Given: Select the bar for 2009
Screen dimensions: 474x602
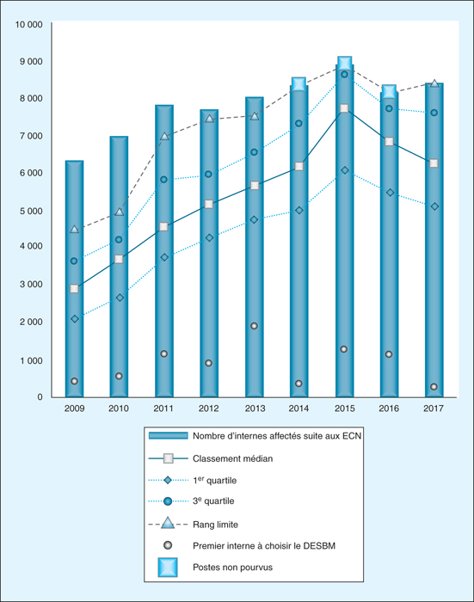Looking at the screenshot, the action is point(74,279).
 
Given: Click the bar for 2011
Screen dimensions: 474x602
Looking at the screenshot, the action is point(164,251).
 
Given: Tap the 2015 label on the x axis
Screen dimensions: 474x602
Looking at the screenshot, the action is point(345,408).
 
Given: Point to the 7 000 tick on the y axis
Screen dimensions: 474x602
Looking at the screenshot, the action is point(31,136).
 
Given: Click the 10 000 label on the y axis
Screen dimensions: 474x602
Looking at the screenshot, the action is point(28,24).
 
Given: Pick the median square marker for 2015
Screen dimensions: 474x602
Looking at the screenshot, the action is point(344,108).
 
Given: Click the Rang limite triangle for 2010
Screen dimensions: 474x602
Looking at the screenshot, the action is point(120,212).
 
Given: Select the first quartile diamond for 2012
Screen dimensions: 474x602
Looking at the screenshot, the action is point(209,237).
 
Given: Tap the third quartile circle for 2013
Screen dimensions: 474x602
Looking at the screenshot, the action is point(254,152).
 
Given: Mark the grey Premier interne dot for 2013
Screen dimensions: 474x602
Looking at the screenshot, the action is point(254,326).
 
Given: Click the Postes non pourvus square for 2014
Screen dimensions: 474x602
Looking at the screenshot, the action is point(299,83).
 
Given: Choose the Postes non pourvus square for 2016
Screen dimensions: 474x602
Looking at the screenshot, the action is point(389,92).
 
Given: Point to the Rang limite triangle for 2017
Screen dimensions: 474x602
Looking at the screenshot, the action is point(434,83).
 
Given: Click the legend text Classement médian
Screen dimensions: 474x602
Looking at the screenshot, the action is point(233,458).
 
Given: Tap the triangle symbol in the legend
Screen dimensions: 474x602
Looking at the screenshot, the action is point(168,523).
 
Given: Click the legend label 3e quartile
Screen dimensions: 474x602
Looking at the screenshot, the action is point(213,501).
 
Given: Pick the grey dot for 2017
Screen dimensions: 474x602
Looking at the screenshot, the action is point(434,387).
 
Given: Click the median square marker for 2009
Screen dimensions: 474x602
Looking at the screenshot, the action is point(74,289).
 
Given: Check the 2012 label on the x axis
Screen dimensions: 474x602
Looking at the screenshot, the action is point(208,408).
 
